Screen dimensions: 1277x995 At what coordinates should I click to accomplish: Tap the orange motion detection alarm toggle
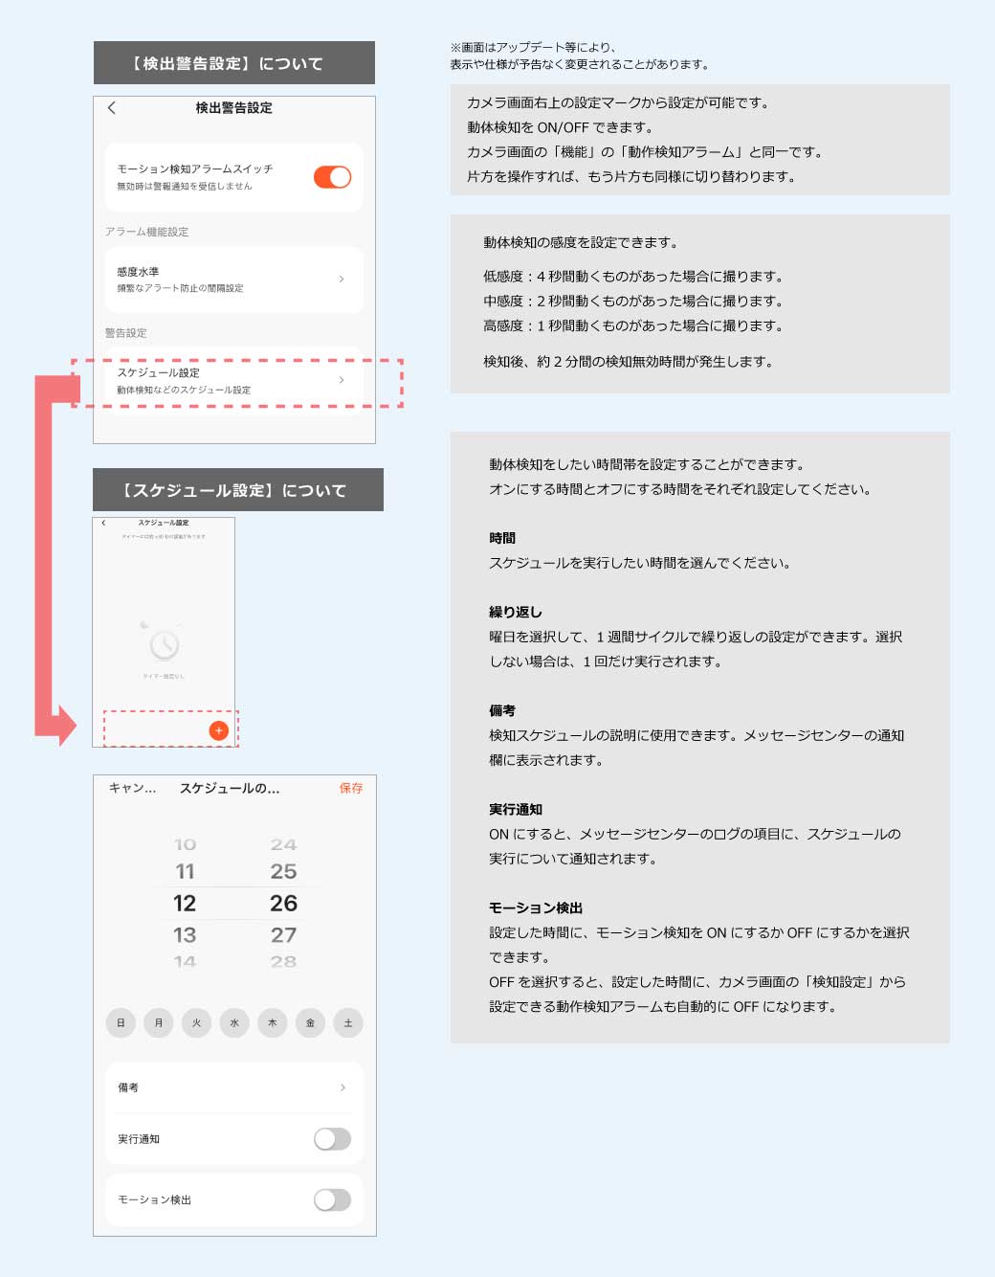tap(332, 177)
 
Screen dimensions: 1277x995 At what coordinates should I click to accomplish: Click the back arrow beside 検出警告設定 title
tap(112, 108)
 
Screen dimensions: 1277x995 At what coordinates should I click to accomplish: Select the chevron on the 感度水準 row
tap(342, 280)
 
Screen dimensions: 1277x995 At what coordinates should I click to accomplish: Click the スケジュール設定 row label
tap(159, 373)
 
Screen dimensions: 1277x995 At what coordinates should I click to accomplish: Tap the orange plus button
tap(218, 730)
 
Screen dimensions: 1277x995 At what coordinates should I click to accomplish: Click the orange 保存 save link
tap(351, 788)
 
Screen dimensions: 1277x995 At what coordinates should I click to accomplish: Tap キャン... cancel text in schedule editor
tap(132, 788)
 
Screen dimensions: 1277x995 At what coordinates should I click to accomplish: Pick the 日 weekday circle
tap(121, 1023)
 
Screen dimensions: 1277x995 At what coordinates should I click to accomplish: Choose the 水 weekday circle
tap(234, 1023)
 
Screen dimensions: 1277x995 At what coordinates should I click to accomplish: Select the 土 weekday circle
tap(348, 1023)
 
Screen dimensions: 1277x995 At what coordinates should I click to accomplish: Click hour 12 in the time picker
tap(185, 903)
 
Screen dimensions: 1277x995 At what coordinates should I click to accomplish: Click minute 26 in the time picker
tap(283, 903)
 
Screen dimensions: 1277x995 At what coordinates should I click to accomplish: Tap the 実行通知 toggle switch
tap(332, 1139)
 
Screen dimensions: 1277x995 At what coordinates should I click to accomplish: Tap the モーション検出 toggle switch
tap(332, 1199)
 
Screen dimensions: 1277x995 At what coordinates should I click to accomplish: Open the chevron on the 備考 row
tap(343, 1087)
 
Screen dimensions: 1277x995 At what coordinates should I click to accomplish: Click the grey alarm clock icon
tap(165, 644)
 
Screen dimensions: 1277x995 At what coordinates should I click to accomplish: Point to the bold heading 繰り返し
tap(516, 613)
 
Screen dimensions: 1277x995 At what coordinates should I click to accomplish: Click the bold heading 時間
tap(502, 539)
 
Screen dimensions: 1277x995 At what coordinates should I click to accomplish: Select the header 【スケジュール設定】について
tap(237, 490)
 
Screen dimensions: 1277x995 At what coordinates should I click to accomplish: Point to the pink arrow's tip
tap(74, 726)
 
